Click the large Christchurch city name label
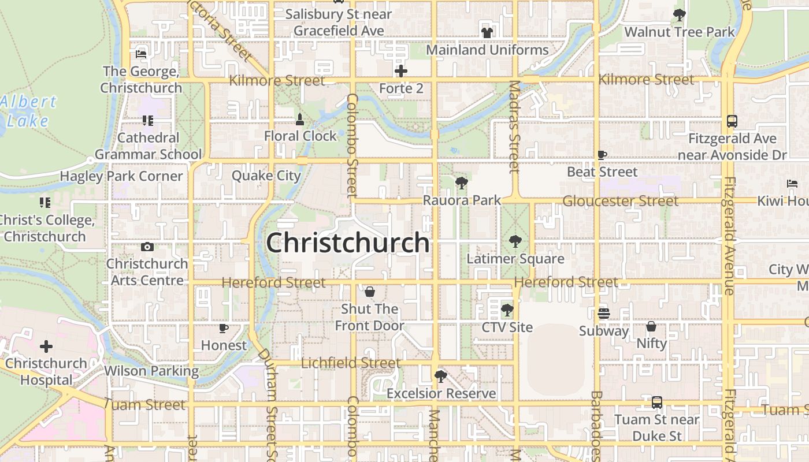pyautogui.click(x=347, y=243)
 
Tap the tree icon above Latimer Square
pyautogui.click(x=515, y=241)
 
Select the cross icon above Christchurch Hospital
pyautogui.click(x=46, y=346)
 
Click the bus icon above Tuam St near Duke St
pyautogui.click(x=656, y=403)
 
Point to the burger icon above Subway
pyautogui.click(x=604, y=313)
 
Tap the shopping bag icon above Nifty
pyautogui.click(x=651, y=326)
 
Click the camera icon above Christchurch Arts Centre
pyautogui.click(x=147, y=247)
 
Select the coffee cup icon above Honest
pyautogui.click(x=224, y=329)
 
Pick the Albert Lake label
pyautogui.click(x=28, y=111)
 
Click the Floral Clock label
pyautogui.click(x=300, y=136)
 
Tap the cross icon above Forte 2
pyautogui.click(x=401, y=71)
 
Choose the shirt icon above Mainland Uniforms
pyautogui.click(x=487, y=32)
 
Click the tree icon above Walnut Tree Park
pyautogui.click(x=680, y=15)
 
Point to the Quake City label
pyautogui.click(x=266, y=176)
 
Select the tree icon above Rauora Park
pyautogui.click(x=461, y=184)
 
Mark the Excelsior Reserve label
pyautogui.click(x=441, y=393)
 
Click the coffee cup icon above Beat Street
pyautogui.click(x=602, y=155)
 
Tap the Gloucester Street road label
pyautogui.click(x=620, y=201)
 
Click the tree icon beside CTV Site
pyautogui.click(x=507, y=310)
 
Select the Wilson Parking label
pyautogui.click(x=151, y=371)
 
